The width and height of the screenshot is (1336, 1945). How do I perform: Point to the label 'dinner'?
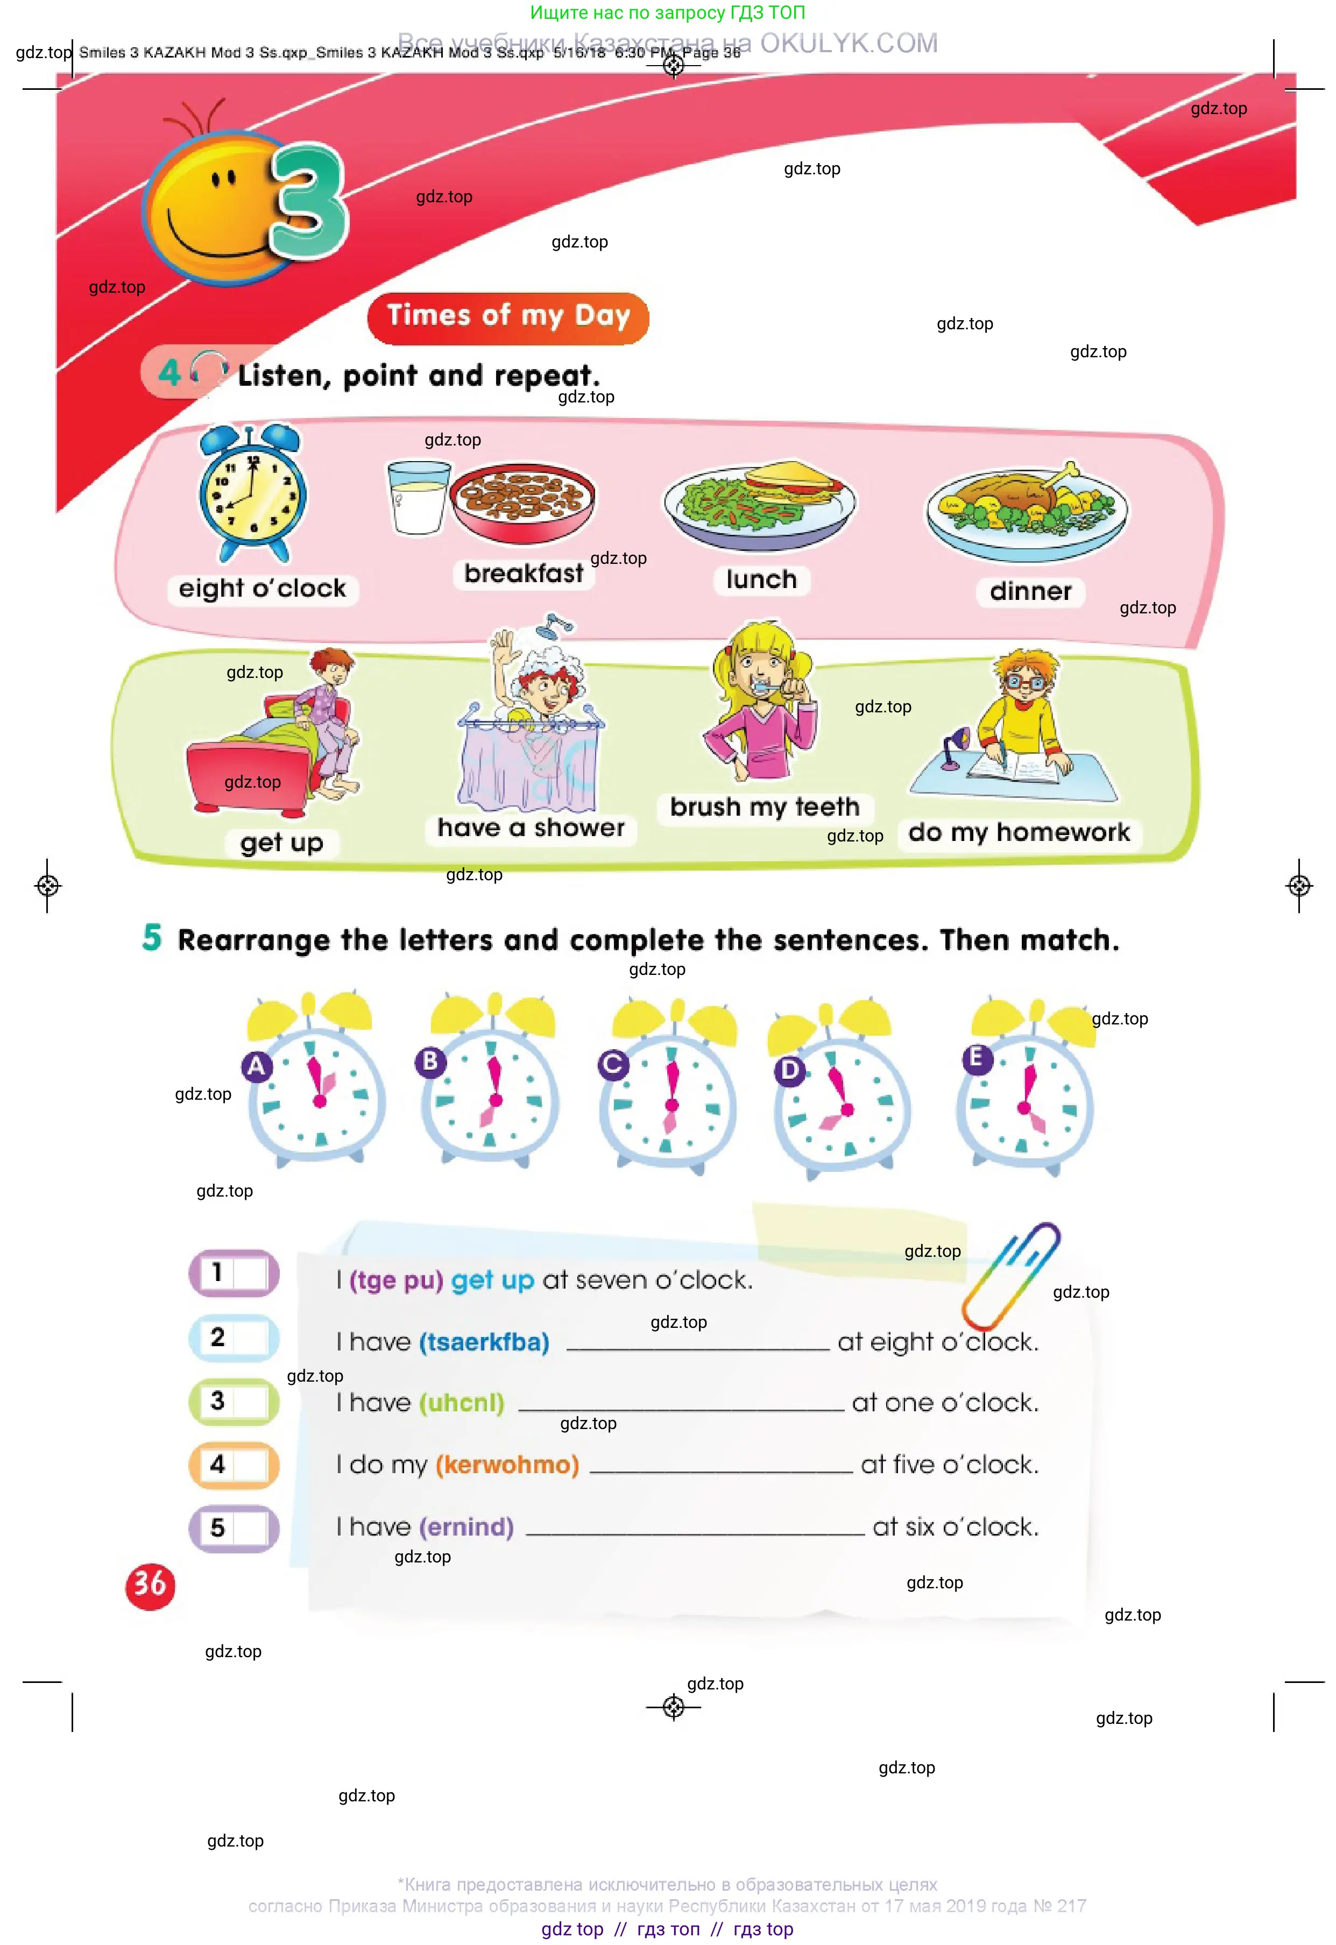(x=1030, y=592)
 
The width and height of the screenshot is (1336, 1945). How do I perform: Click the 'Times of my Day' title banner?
(x=508, y=317)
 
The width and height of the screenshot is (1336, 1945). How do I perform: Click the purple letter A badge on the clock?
(x=256, y=1066)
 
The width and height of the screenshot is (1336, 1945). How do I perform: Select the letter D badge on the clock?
(x=789, y=1070)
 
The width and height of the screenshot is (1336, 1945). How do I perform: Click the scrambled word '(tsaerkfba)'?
(x=484, y=1342)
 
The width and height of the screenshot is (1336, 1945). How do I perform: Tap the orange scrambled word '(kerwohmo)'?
(x=507, y=1465)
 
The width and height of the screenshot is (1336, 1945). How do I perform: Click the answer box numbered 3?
(x=234, y=1402)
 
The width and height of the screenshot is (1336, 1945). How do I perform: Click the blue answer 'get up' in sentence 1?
(x=492, y=1281)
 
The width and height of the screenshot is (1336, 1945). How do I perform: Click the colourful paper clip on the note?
(x=1009, y=1276)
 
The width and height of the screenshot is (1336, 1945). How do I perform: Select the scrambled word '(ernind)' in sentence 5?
(x=466, y=1527)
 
